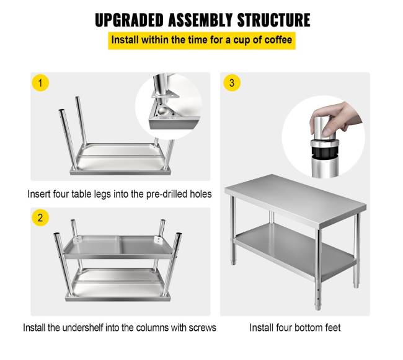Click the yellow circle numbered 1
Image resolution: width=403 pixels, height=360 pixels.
[x=40, y=83]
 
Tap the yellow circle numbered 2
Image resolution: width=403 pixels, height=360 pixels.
[x=40, y=217]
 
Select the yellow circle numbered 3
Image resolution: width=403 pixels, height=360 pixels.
[x=232, y=83]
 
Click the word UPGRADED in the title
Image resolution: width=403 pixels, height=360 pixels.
[x=130, y=20]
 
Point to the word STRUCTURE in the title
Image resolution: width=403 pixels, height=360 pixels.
[x=273, y=20]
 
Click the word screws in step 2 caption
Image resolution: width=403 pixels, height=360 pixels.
[x=202, y=328]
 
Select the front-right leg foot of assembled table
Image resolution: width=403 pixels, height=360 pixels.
[x=318, y=305]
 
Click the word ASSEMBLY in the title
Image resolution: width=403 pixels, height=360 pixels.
[x=200, y=20]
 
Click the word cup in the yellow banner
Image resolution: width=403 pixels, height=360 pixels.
[x=241, y=40]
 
